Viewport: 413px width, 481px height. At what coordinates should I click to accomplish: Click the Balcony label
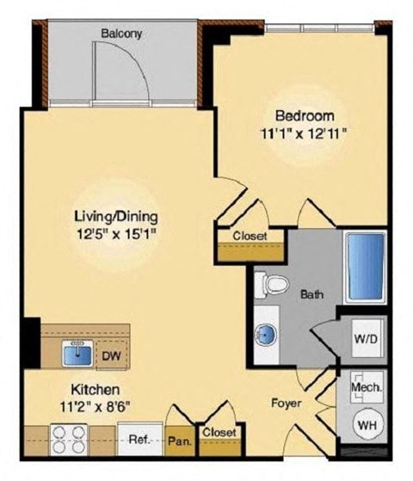coord(120,34)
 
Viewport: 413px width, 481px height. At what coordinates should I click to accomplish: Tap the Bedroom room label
coord(299,117)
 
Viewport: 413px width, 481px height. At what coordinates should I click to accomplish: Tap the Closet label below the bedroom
coord(250,236)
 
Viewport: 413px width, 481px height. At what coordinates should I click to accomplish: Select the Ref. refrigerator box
coord(140,440)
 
